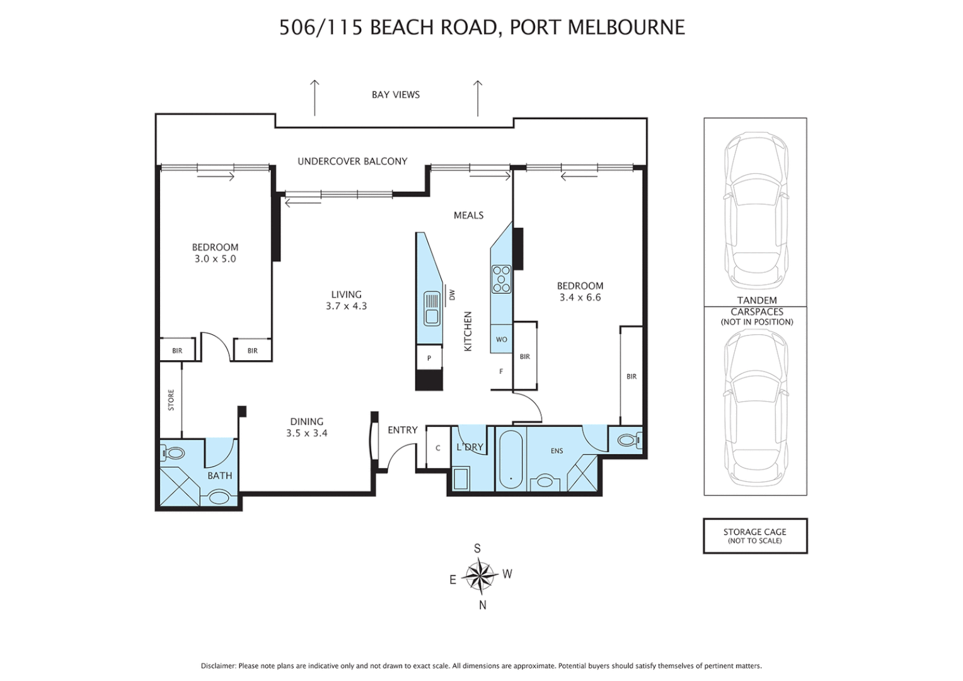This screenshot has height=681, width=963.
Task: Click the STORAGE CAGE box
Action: click(x=754, y=535)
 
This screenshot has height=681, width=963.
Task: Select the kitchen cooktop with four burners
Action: click(x=501, y=279)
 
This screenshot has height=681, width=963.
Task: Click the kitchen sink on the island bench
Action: click(x=432, y=308)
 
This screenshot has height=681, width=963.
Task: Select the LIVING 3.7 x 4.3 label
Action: click(x=346, y=300)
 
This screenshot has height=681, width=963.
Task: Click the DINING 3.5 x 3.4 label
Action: click(x=307, y=427)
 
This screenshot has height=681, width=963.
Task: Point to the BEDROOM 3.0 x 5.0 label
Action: click(x=215, y=253)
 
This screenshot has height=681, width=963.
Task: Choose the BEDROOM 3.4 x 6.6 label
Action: click(x=580, y=291)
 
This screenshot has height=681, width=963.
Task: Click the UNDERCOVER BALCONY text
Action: click(x=352, y=161)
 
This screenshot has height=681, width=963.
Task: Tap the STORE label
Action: click(x=171, y=400)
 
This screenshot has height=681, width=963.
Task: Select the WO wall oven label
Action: click(x=501, y=339)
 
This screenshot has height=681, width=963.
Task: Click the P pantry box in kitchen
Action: click(x=429, y=358)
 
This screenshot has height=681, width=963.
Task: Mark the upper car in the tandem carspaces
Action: click(x=755, y=211)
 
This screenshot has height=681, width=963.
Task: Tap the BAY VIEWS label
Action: click(x=395, y=95)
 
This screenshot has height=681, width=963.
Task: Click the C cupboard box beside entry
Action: click(x=438, y=448)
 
